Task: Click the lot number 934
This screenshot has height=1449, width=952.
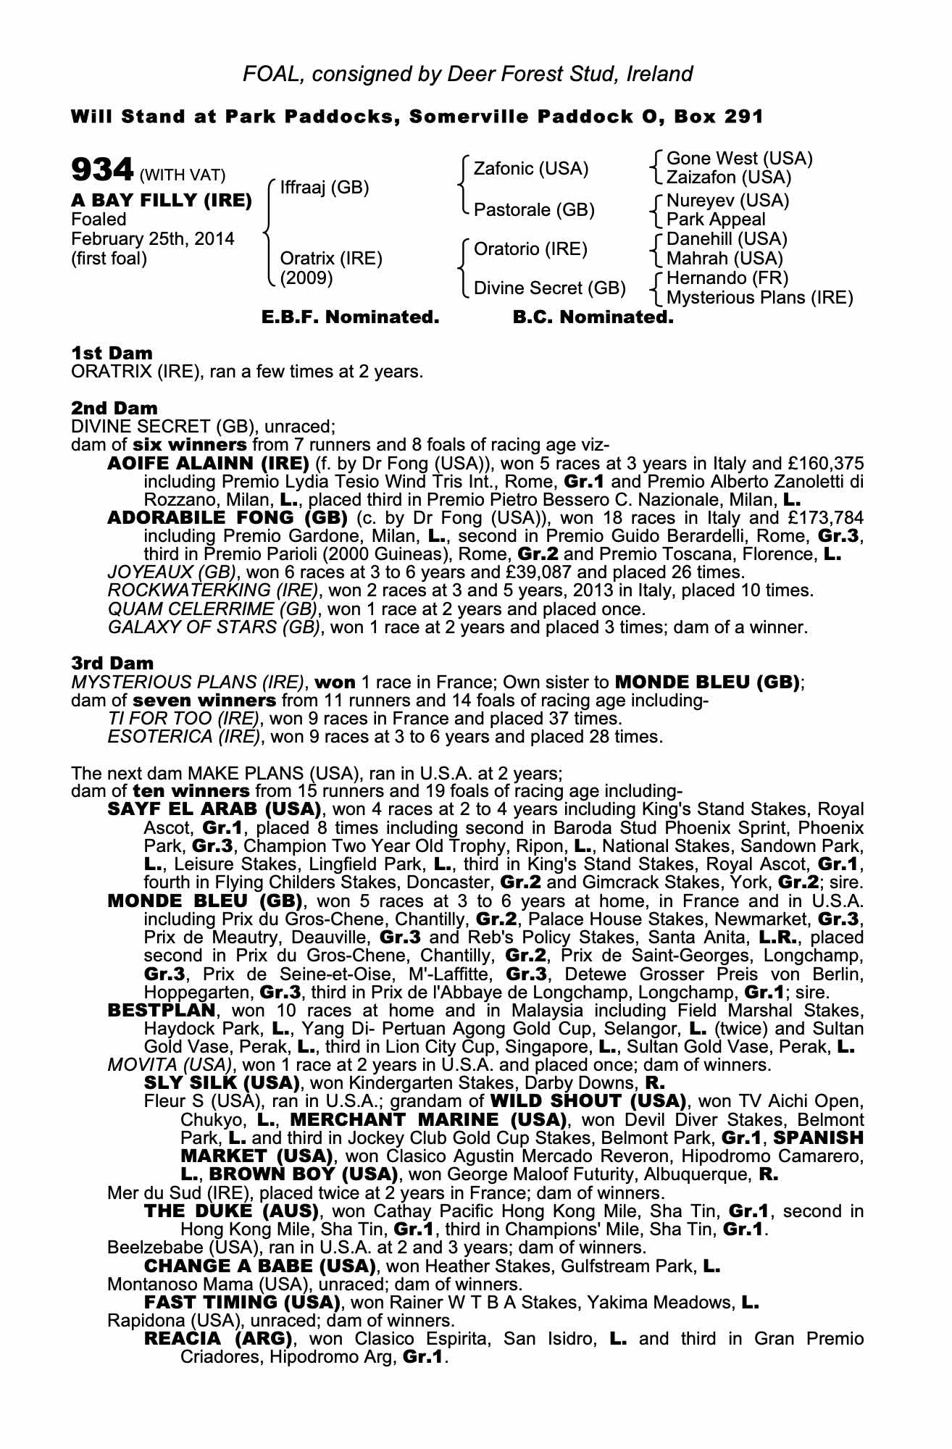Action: (101, 170)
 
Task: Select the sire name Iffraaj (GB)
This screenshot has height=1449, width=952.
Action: (324, 188)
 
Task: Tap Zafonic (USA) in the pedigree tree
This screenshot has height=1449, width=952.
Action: (530, 169)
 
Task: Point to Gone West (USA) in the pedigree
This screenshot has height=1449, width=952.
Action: (739, 159)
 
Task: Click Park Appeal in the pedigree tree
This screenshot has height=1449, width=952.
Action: (716, 220)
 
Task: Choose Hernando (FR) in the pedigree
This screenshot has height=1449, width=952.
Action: (727, 278)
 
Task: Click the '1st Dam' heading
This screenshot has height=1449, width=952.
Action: (112, 354)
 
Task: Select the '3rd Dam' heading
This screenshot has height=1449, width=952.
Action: (112, 664)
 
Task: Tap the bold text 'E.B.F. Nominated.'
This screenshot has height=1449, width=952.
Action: (350, 317)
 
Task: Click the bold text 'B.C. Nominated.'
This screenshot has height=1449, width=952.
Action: (593, 317)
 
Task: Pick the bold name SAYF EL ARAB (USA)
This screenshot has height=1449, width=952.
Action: (214, 809)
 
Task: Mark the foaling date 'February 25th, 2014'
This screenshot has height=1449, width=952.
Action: (152, 239)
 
